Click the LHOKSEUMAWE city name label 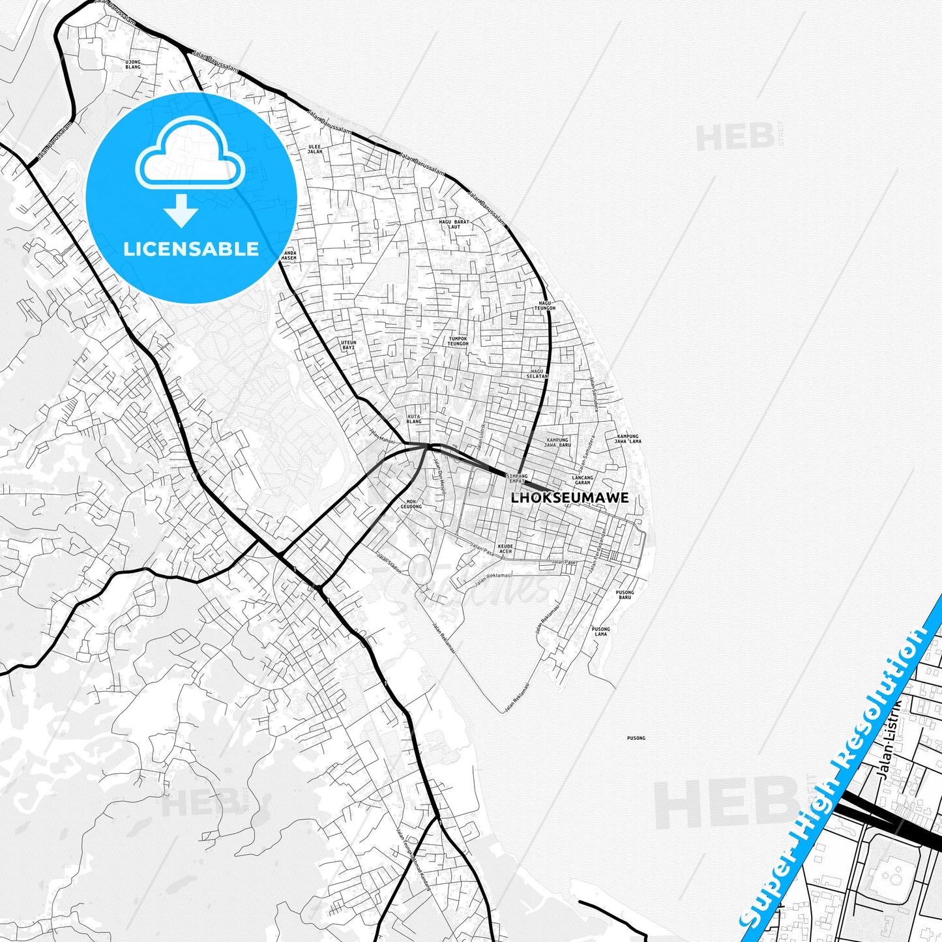(x=570, y=498)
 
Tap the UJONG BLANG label (x=133, y=65)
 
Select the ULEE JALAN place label (x=315, y=149)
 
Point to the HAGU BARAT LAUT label (x=454, y=224)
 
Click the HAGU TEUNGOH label (x=545, y=306)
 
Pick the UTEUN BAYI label (x=349, y=345)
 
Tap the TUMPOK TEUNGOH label (x=458, y=341)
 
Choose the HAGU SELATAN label (x=537, y=374)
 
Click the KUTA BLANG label (x=414, y=419)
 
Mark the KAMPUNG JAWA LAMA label (x=628, y=439)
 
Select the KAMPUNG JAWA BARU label (x=558, y=442)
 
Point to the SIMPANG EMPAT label (x=517, y=478)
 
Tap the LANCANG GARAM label (x=583, y=480)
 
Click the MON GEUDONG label (x=411, y=504)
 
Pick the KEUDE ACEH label (x=505, y=549)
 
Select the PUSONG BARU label (x=625, y=595)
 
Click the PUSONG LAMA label (x=601, y=631)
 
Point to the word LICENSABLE (x=191, y=249)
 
